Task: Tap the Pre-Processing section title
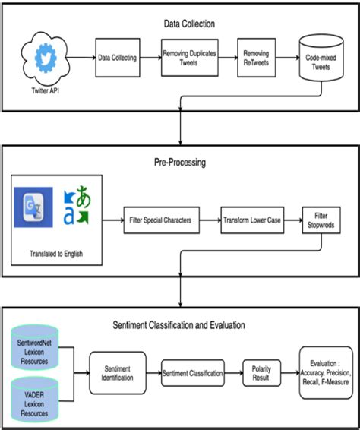tap(179, 162)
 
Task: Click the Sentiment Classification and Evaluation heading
tap(179, 324)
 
